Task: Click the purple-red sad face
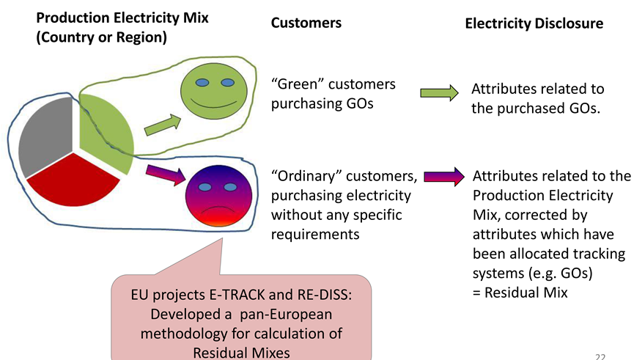[x=218, y=196]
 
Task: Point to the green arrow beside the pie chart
[x=163, y=125]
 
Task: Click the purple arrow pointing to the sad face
[x=166, y=175]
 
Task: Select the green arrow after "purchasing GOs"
[x=439, y=93]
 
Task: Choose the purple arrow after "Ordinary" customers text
[x=444, y=177]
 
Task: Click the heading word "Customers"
[x=306, y=23]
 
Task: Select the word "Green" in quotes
[x=298, y=84]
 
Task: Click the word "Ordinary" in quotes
[x=307, y=177]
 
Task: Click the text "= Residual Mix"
[x=520, y=292]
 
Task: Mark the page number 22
[x=600, y=356]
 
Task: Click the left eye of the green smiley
[x=202, y=83]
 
